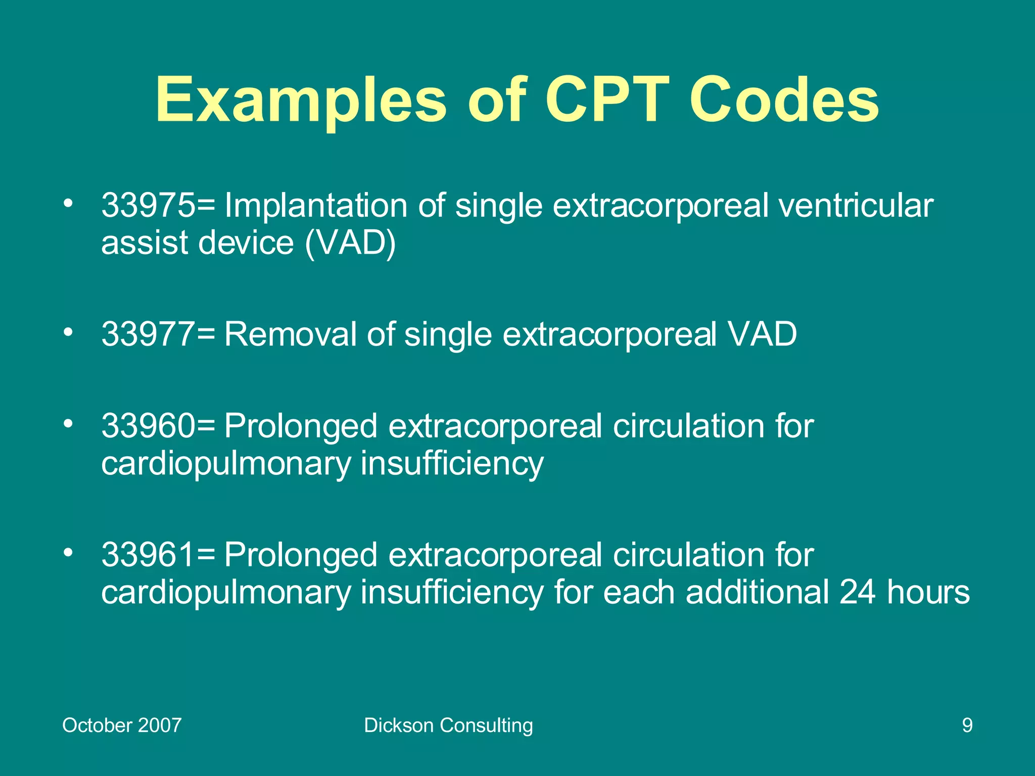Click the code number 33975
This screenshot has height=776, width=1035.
pyautogui.click(x=148, y=206)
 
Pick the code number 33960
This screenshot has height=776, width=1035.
pyautogui.click(x=148, y=426)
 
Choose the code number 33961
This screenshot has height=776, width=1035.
pyautogui.click(x=148, y=555)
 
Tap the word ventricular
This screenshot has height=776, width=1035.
pyautogui.click(x=856, y=206)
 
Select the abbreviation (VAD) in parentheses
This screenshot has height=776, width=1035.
pyautogui.click(x=350, y=243)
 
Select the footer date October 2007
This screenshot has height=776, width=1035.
pyautogui.click(x=122, y=725)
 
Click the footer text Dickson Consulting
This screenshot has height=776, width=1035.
pyautogui.click(x=448, y=725)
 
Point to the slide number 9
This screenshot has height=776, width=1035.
pyautogui.click(x=967, y=725)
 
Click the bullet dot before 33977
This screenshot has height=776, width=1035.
pyautogui.click(x=68, y=332)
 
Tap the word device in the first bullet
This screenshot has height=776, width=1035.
pyautogui.click(x=246, y=243)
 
